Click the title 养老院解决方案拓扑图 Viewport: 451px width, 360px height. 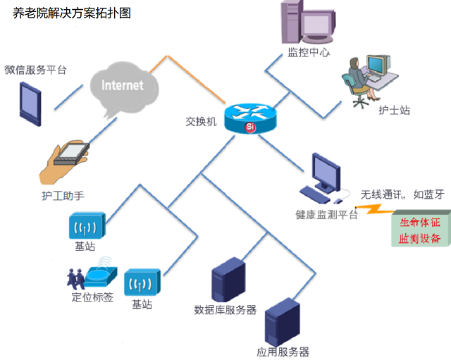tap(71, 13)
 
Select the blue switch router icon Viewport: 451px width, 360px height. tap(251, 116)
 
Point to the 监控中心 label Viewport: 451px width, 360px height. tap(309, 52)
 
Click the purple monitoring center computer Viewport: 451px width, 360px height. tap(304, 22)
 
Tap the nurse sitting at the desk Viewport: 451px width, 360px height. tap(358, 81)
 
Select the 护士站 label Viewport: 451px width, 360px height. tap(394, 111)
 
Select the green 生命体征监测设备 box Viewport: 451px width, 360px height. tap(420, 230)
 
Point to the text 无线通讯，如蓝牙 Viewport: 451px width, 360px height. tap(402, 194)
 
